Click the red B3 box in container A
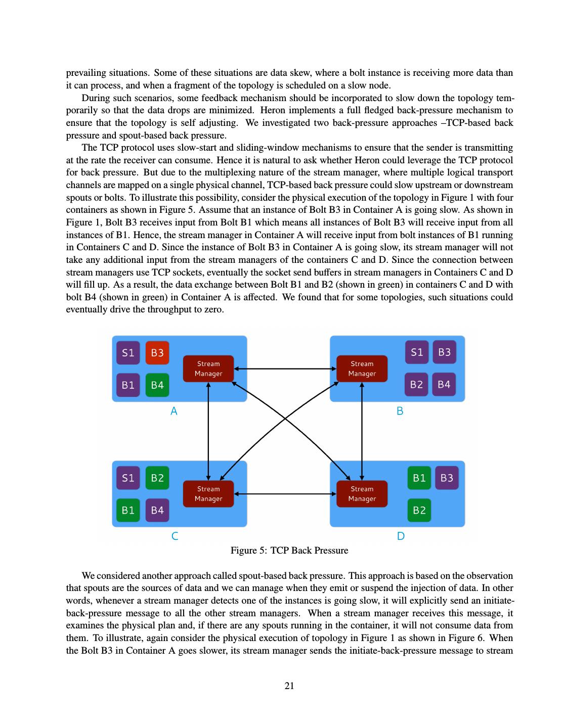[157, 352]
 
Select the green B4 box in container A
[157, 385]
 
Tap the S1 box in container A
[128, 352]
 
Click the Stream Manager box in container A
[208, 369]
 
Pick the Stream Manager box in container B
[362, 369]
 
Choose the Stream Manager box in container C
[208, 493]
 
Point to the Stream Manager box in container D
[362, 493]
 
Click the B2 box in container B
[416, 384]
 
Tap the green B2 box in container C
[157, 478]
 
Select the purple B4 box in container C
[157, 510]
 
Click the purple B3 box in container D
[447, 478]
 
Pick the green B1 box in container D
[419, 478]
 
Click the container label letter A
[174, 412]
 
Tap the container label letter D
[401, 536]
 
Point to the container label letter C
[175, 536]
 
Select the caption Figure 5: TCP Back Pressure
[289, 550]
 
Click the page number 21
[289, 686]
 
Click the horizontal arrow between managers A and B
[285, 369]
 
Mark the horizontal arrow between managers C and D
[285, 493]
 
